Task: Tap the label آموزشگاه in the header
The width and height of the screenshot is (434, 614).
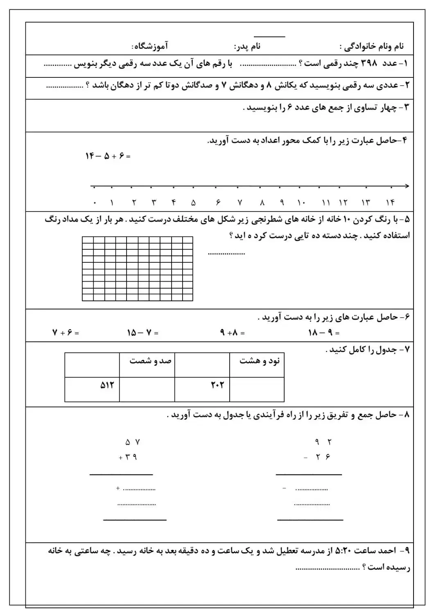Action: pyautogui.click(x=152, y=46)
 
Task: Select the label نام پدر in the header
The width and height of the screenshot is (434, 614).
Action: pyautogui.click(x=247, y=46)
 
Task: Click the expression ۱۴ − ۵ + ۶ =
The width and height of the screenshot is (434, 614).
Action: pyautogui.click(x=108, y=156)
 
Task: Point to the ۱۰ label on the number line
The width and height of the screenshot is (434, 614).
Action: pyautogui.click(x=301, y=202)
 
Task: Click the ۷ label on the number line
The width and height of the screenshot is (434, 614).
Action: pyautogui.click(x=240, y=202)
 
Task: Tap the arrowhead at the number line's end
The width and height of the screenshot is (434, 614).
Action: pyautogui.click(x=406, y=186)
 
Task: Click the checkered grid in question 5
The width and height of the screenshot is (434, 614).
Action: pyautogui.click(x=137, y=269)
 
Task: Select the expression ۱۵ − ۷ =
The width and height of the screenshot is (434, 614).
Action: pyautogui.click(x=142, y=333)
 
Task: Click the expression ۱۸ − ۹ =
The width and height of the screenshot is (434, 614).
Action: pyautogui.click(x=323, y=333)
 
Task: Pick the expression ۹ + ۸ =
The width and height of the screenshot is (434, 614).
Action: pyautogui.click(x=232, y=333)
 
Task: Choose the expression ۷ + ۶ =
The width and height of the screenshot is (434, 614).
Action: pyautogui.click(x=66, y=333)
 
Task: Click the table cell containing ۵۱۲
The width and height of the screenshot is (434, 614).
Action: pyautogui.click(x=92, y=389)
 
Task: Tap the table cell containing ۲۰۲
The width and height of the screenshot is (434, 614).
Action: pyautogui.click(x=202, y=389)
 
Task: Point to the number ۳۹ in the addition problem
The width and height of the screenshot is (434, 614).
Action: pyautogui.click(x=130, y=457)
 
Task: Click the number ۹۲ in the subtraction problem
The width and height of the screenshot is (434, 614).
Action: pyautogui.click(x=323, y=442)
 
